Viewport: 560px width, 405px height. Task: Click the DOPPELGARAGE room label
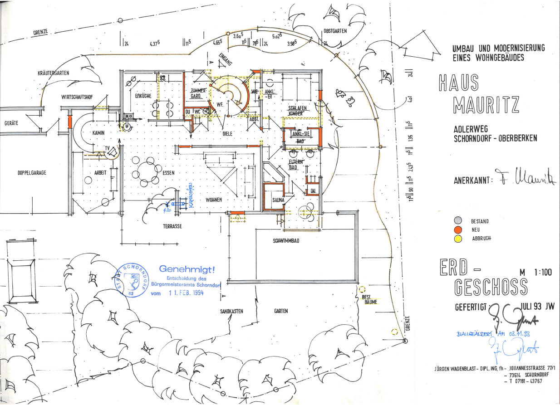[32, 173]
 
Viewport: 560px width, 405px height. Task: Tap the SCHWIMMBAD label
[286, 241]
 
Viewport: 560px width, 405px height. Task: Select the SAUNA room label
[278, 200]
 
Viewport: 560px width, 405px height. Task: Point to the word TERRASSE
[172, 226]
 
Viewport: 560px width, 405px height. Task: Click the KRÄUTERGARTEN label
[53, 73]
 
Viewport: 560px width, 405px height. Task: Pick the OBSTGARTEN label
[335, 31]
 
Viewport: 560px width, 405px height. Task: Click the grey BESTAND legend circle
[458, 221]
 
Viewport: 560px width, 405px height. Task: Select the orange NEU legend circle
[458, 230]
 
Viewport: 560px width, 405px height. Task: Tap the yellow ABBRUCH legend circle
[458, 239]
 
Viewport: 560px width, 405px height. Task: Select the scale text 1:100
[543, 273]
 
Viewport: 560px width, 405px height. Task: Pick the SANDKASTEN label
[232, 312]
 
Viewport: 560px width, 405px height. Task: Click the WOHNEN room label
[214, 200]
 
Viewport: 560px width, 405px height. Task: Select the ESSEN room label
[169, 173]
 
